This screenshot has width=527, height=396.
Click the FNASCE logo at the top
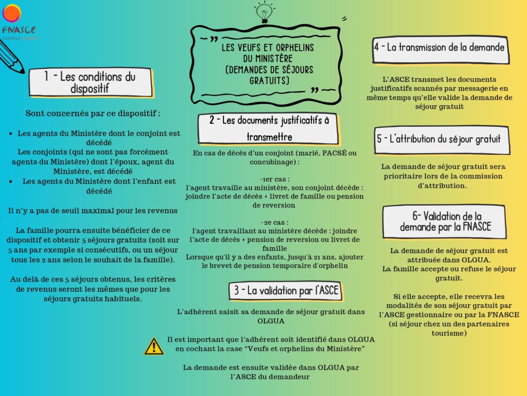[15, 21]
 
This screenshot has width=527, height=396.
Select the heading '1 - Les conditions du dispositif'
[90, 82]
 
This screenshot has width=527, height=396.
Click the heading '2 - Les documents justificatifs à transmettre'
[269, 128]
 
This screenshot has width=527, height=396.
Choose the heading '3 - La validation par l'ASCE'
[286, 291]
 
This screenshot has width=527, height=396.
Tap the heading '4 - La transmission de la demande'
[439, 47]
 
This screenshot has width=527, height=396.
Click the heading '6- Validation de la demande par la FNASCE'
[445, 221]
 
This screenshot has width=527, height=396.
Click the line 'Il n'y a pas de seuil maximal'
[93, 210]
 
